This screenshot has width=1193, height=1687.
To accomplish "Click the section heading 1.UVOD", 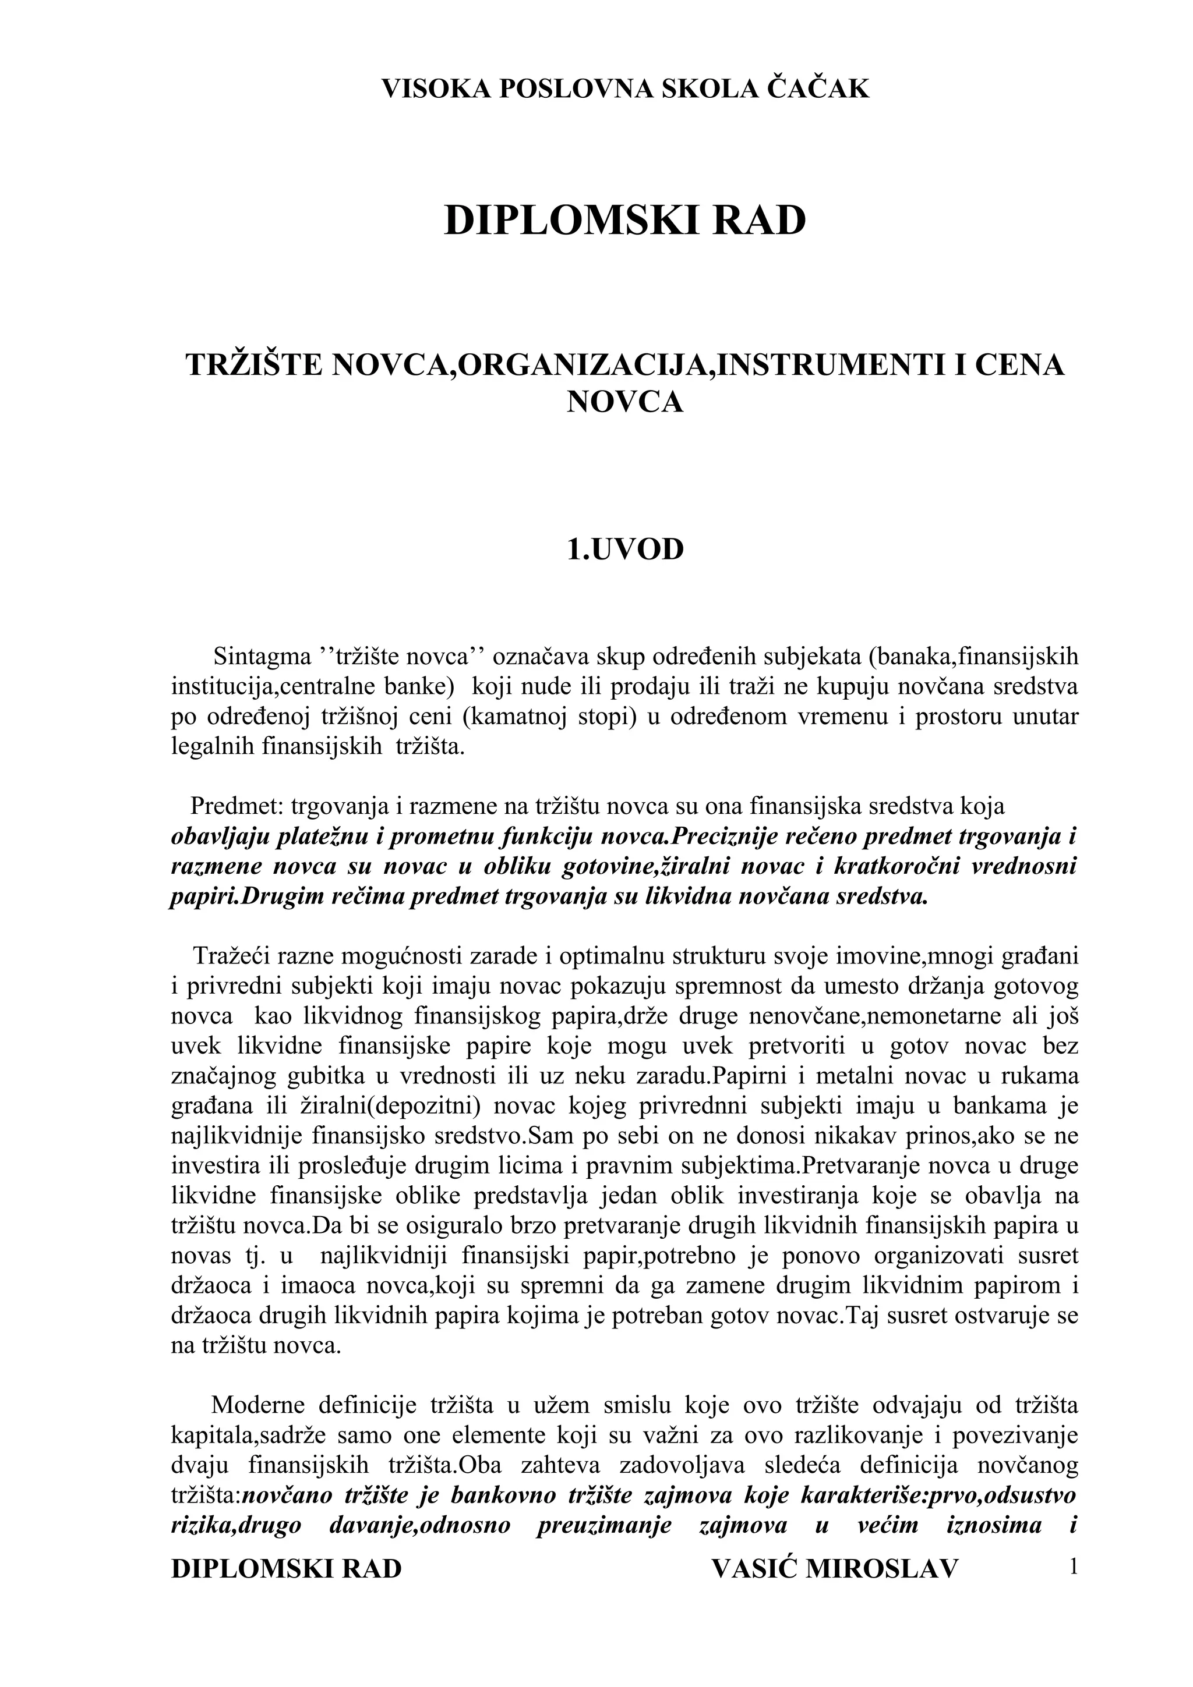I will (x=625, y=549).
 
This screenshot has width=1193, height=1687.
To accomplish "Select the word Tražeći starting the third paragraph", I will (x=234, y=956).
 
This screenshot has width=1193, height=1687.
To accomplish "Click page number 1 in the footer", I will (x=1073, y=1541).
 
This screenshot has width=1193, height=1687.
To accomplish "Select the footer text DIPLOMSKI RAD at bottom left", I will (x=286, y=1543).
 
